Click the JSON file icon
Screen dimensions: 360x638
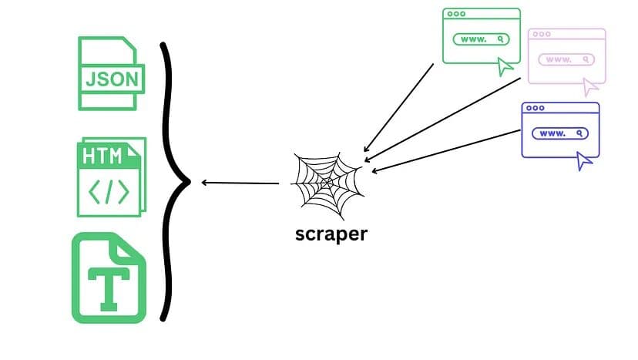(110, 73)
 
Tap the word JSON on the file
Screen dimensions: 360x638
(112, 78)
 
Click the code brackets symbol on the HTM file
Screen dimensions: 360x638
(109, 192)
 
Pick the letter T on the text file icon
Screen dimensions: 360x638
(108, 284)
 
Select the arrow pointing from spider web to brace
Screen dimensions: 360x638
(240, 183)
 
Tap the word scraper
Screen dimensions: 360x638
(331, 233)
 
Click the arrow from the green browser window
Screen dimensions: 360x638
(398, 107)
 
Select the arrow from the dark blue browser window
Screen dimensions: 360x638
(447, 150)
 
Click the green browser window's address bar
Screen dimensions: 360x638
(481, 39)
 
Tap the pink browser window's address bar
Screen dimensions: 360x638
(566, 59)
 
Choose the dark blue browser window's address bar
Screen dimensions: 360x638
(559, 133)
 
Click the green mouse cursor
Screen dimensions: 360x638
(505, 67)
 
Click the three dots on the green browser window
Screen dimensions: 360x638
(456, 14)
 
